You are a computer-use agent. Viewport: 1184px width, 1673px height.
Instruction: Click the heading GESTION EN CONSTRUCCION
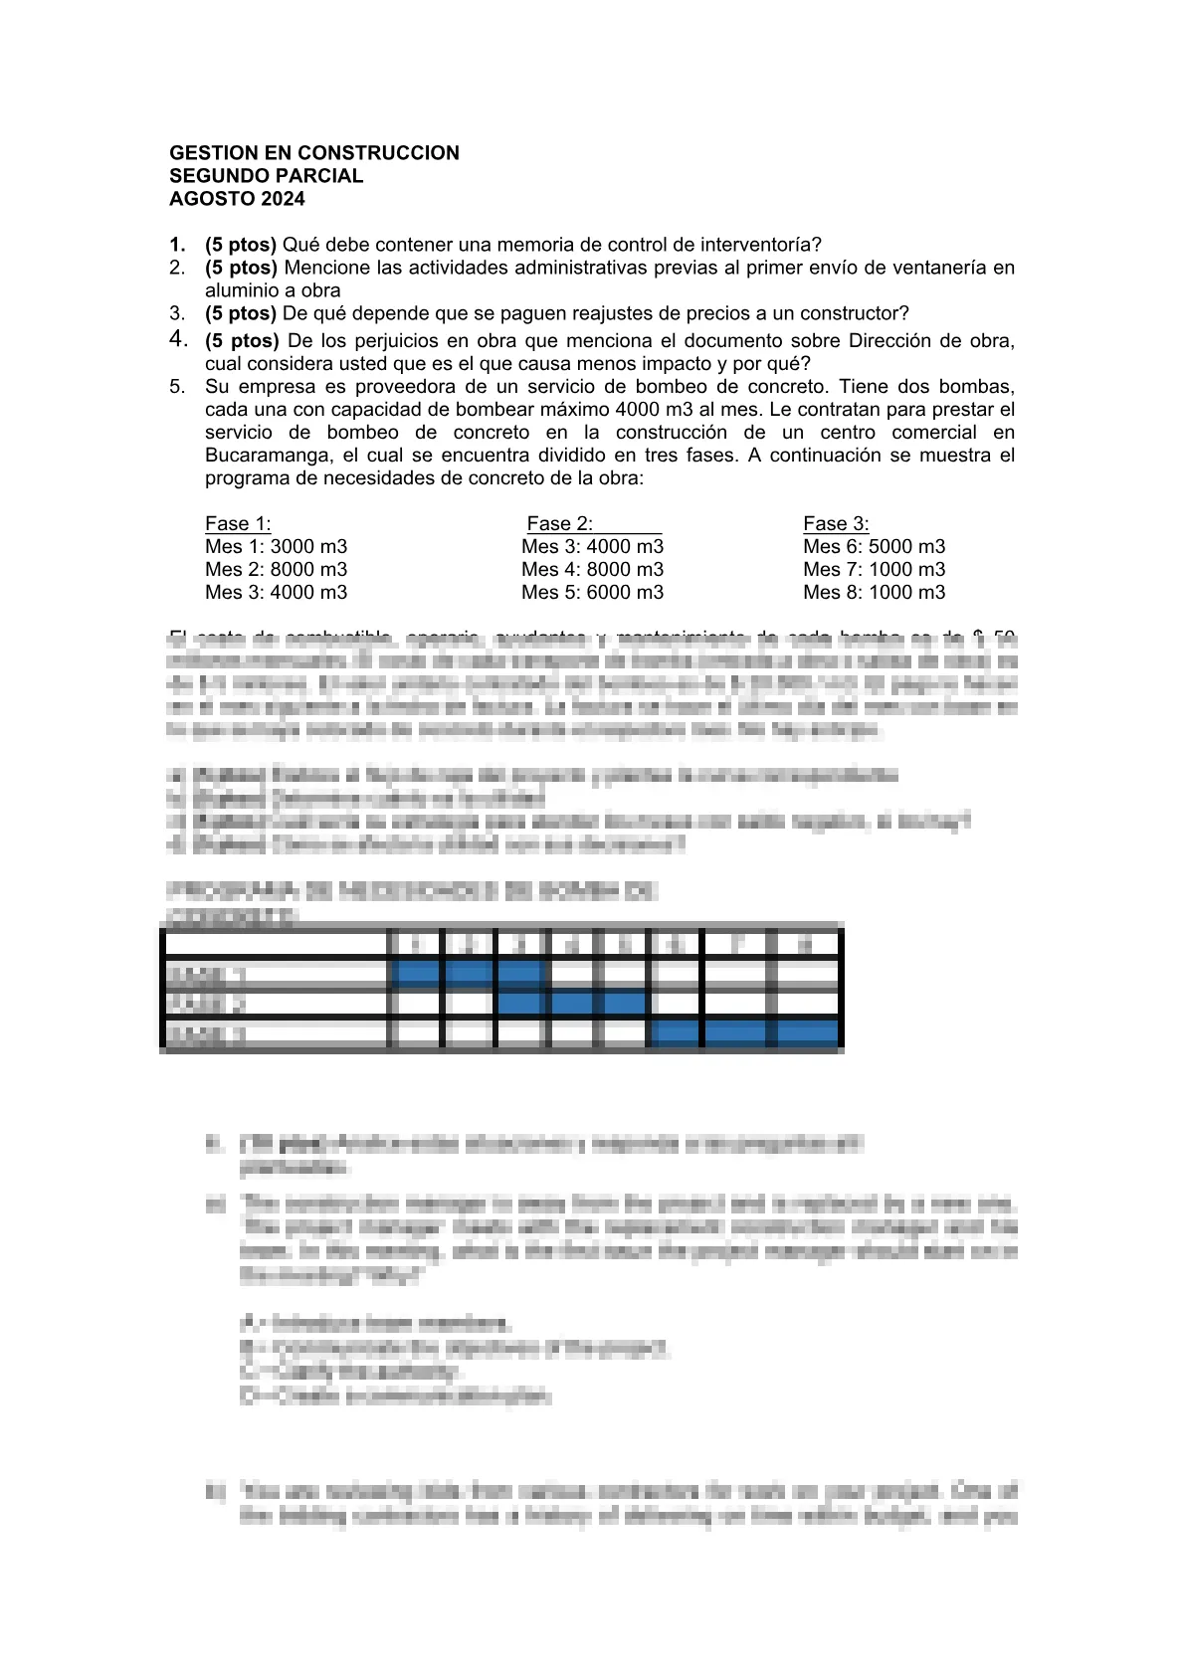click(314, 153)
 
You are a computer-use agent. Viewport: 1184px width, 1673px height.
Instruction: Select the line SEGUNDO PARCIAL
click(267, 176)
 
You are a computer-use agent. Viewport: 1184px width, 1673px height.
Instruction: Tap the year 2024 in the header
click(284, 199)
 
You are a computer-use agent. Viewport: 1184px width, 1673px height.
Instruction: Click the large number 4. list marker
click(178, 339)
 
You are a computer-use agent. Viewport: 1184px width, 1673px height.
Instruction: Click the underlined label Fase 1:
click(238, 524)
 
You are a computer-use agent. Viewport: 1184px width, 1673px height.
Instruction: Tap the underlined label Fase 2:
click(560, 524)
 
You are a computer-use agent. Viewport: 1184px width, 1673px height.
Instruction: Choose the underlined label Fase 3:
click(836, 524)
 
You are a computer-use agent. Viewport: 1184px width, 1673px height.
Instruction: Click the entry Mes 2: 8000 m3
click(277, 570)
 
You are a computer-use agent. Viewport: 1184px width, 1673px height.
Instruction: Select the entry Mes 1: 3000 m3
click(277, 547)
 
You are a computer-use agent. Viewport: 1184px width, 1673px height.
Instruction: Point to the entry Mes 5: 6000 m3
click(592, 593)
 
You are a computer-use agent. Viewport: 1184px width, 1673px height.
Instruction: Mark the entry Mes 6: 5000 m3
click(874, 547)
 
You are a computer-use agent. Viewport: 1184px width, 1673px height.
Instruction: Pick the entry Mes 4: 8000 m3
click(592, 570)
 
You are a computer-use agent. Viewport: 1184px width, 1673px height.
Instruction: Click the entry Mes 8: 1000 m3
click(874, 593)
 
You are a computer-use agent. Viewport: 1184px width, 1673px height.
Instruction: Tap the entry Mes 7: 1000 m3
click(874, 570)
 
